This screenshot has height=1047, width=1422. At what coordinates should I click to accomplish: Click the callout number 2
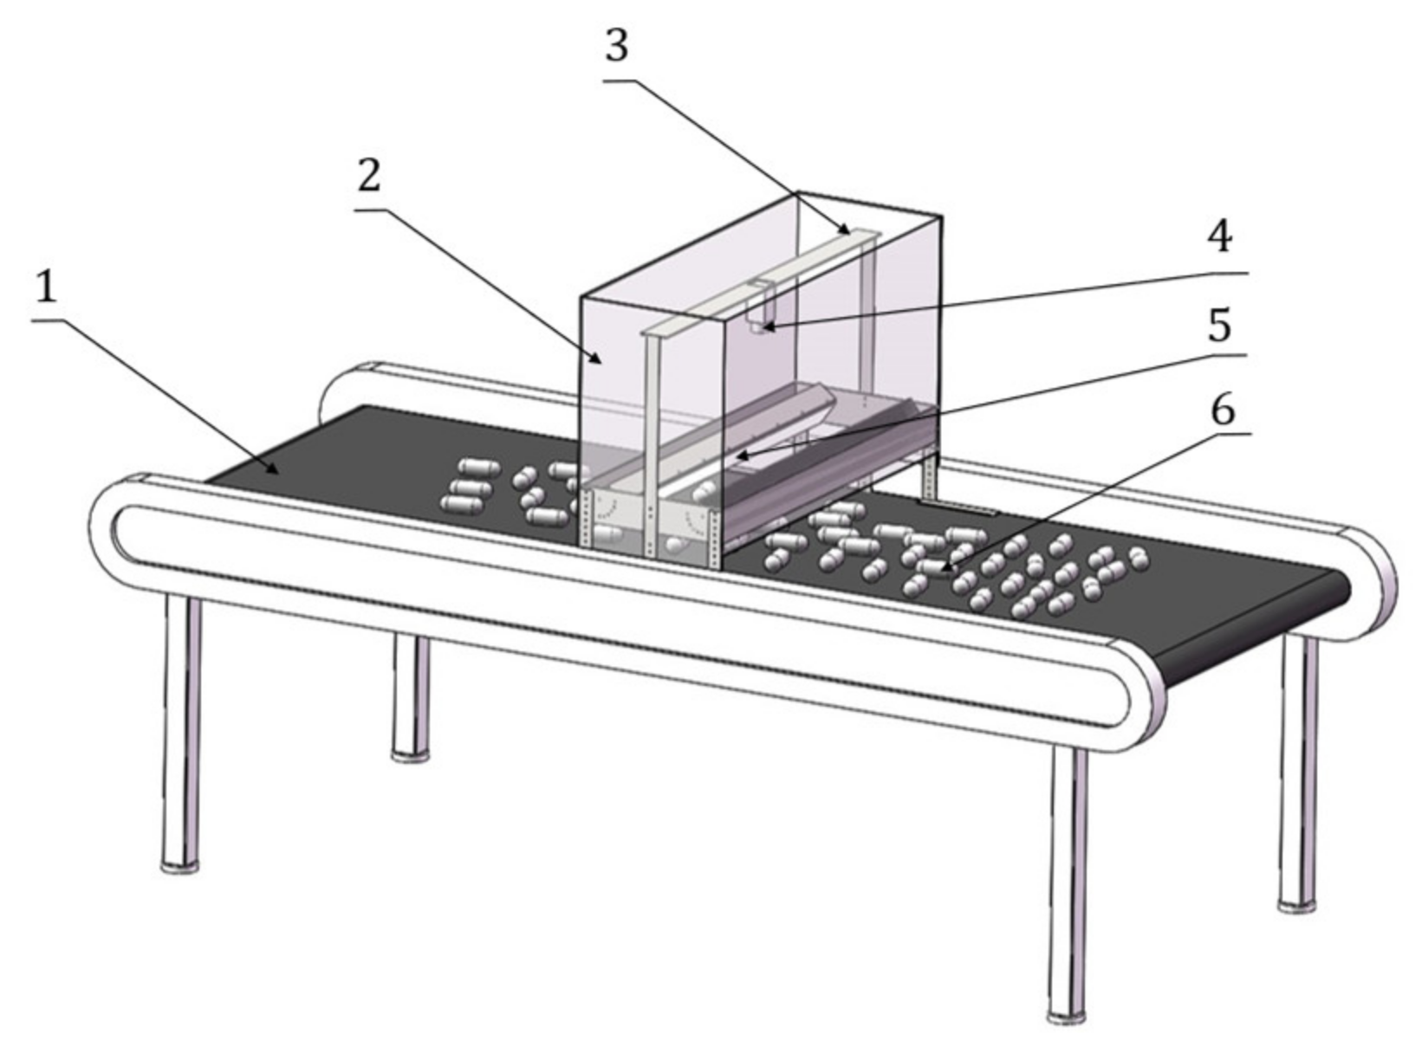pos(369,178)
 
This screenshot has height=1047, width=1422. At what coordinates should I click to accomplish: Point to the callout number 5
pos(1219,326)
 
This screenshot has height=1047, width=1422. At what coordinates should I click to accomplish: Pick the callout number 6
pos(1222,410)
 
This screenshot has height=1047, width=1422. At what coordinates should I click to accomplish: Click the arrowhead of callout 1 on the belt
pos(275,471)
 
